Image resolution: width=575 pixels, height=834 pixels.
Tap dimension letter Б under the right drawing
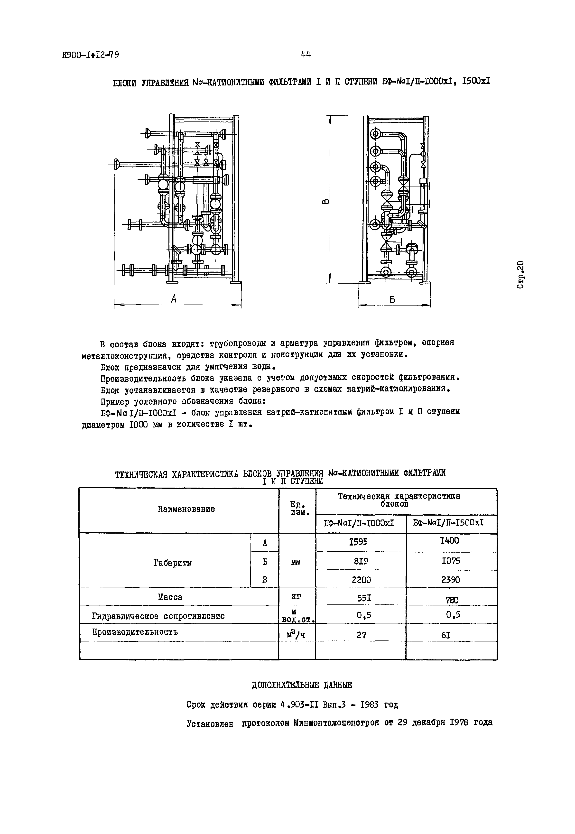(392, 299)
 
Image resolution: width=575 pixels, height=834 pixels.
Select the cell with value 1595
(359, 542)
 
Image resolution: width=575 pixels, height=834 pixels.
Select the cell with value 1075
(451, 561)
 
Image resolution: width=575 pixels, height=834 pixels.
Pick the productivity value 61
(446, 635)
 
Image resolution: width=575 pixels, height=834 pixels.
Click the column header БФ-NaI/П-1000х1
(359, 523)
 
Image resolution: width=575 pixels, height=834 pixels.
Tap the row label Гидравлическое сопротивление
(158, 616)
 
